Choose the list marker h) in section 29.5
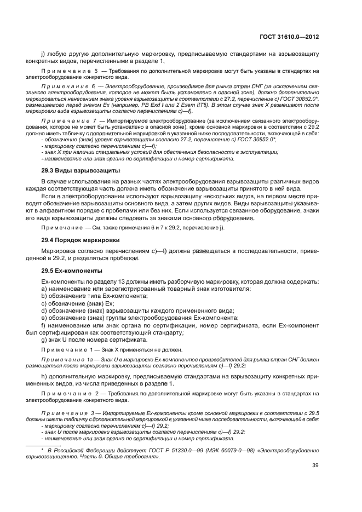click(44, 377)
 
